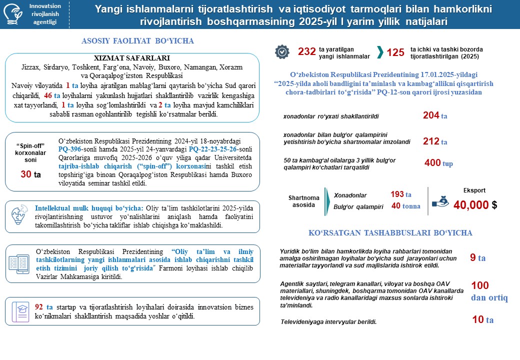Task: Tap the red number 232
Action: (x=306, y=52)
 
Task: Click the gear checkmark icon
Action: (x=282, y=52)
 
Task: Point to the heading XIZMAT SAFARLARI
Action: (x=131, y=57)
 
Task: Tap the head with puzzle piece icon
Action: (x=19, y=215)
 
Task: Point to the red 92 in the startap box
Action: (x=39, y=306)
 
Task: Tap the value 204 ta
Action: (x=434, y=115)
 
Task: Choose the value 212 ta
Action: (x=434, y=141)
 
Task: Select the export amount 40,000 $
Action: (x=474, y=205)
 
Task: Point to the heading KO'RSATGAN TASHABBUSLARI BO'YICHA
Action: (x=390, y=233)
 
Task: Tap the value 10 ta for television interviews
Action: (x=482, y=320)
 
